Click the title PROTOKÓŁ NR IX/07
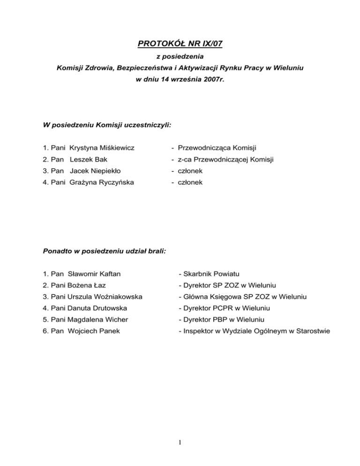pos(180,45)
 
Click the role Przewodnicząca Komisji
pos(216,148)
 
